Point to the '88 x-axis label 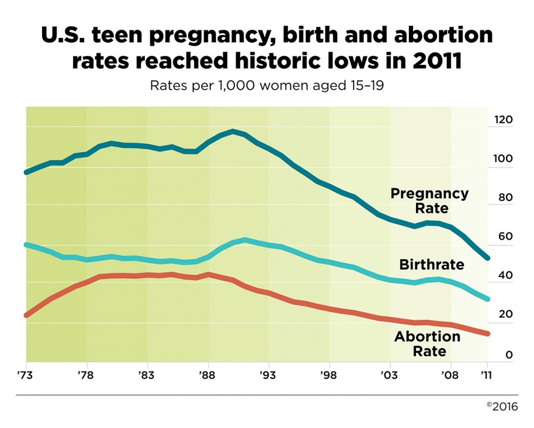click(x=208, y=376)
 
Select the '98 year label click(x=329, y=376)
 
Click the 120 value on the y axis click(x=503, y=120)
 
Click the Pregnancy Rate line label click(x=429, y=201)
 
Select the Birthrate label click(x=431, y=265)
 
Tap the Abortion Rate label click(x=427, y=344)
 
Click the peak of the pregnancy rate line click(x=233, y=131)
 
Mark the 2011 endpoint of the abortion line click(x=488, y=334)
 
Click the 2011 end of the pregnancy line click(x=488, y=258)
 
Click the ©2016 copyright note click(x=502, y=407)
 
